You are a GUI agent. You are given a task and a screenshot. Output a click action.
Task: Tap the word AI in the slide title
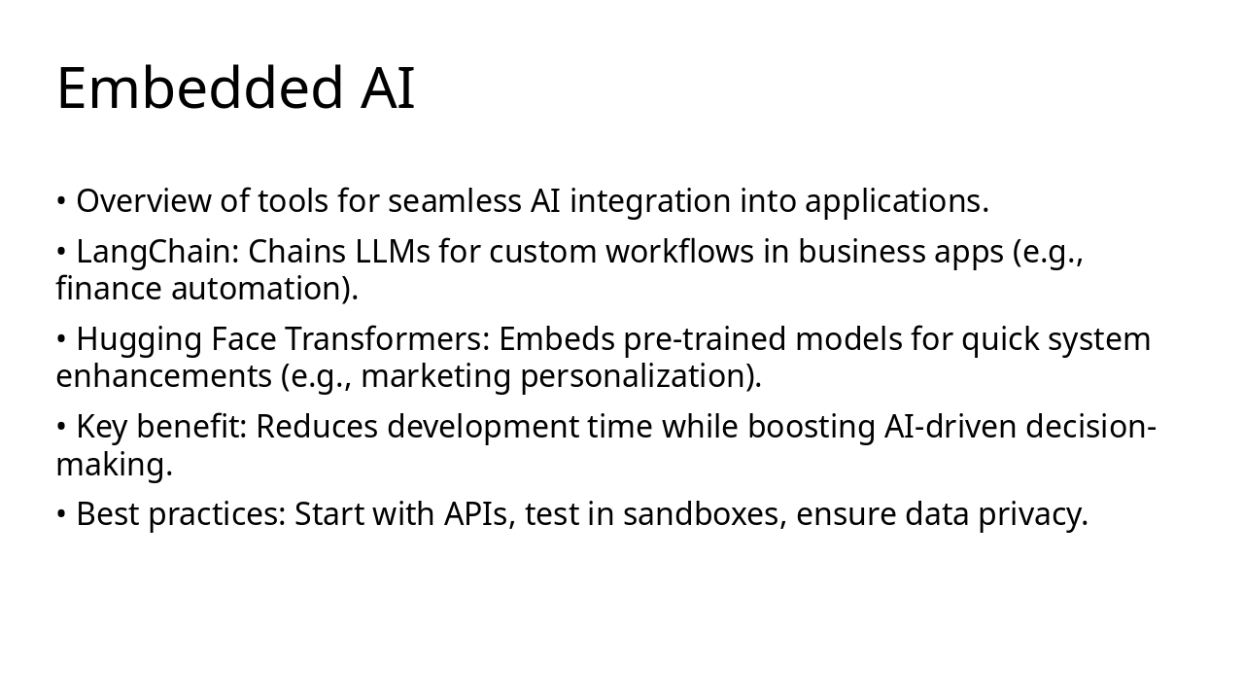[x=388, y=88]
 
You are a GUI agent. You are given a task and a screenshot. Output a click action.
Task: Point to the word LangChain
[x=156, y=252]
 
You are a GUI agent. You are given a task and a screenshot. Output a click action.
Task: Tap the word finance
[x=109, y=289]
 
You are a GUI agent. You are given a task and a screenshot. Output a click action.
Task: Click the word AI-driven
[x=950, y=427]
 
